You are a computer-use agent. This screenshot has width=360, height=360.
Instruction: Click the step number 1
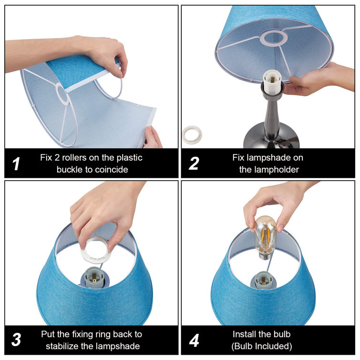(x=16, y=164)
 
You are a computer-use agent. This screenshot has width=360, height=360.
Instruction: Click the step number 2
(x=194, y=164)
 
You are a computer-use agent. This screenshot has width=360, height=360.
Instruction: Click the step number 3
(x=16, y=339)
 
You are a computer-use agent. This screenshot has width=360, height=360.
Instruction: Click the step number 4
(x=194, y=340)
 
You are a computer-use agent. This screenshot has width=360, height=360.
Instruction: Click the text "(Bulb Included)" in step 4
(x=262, y=346)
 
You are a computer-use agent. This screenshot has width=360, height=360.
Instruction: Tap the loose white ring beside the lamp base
(x=192, y=134)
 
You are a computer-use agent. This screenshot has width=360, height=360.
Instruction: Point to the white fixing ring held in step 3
(x=96, y=251)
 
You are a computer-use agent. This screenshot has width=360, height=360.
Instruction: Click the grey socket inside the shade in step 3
(x=93, y=278)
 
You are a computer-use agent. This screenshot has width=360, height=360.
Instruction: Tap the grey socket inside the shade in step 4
(x=263, y=279)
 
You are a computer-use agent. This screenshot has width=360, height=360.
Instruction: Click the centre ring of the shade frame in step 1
(x=62, y=94)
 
